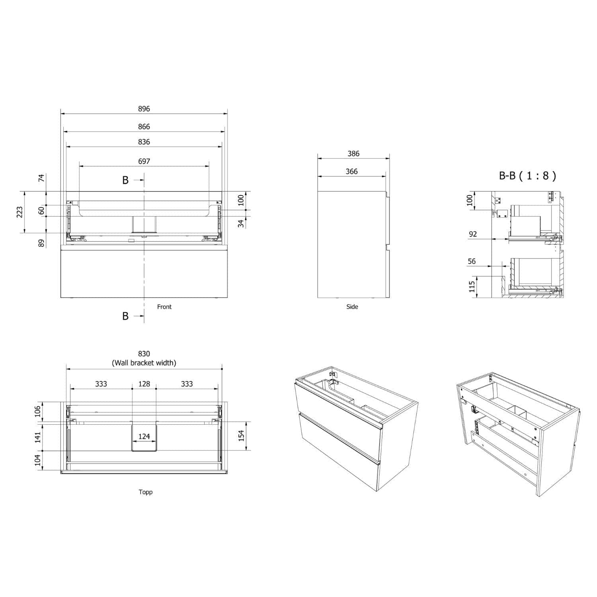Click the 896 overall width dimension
[x=144, y=109]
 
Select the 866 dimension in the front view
[x=144, y=127]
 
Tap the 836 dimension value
[x=144, y=142]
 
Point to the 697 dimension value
[x=144, y=161]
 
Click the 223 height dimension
[x=20, y=212]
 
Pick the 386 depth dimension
[x=353, y=154]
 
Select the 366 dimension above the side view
[x=351, y=172]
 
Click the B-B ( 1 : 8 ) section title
[x=527, y=176]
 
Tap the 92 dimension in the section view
[x=473, y=234]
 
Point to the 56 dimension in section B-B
[x=472, y=261]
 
